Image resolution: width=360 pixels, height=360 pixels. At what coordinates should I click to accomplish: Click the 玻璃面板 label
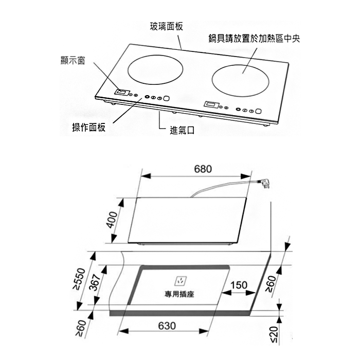(x=167, y=26)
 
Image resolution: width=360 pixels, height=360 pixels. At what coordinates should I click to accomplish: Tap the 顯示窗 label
(x=73, y=60)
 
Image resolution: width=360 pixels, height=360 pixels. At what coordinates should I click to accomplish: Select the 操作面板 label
(x=89, y=127)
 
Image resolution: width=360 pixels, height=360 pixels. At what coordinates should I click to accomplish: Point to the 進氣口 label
(x=182, y=130)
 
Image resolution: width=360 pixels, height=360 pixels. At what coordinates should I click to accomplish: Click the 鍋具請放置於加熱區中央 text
(x=255, y=39)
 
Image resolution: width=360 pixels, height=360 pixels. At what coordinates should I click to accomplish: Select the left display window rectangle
(x=121, y=92)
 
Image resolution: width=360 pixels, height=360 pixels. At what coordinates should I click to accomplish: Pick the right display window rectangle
(x=211, y=104)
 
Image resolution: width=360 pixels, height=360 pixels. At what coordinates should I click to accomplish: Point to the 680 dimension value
(x=203, y=169)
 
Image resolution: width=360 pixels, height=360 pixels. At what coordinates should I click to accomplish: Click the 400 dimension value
(x=112, y=220)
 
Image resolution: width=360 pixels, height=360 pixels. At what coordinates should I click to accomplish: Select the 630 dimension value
(x=167, y=326)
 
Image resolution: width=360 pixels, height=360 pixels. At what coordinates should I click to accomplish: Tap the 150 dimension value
(x=239, y=285)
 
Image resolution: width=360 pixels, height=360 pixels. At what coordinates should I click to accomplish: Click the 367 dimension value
(x=97, y=282)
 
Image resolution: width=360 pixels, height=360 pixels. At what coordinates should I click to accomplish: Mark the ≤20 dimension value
(x=274, y=334)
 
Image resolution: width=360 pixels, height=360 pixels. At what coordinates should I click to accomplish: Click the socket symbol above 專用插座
(x=181, y=281)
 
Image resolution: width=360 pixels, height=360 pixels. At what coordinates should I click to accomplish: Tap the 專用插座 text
(x=179, y=294)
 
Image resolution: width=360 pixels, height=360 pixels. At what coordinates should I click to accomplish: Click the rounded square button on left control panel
(x=167, y=98)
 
